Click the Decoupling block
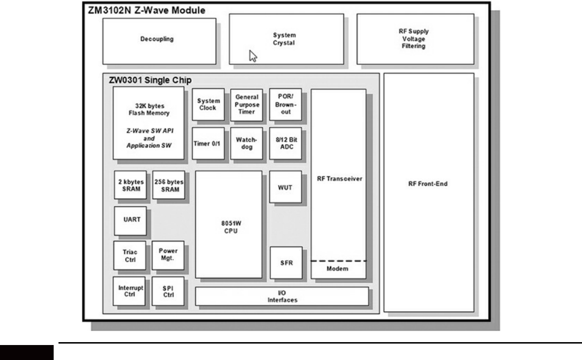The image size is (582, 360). (159, 40)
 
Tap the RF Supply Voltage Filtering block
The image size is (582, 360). (415, 39)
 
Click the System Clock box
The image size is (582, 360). (208, 104)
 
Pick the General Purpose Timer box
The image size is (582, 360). (246, 104)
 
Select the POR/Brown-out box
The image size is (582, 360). (285, 104)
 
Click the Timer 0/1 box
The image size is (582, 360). (208, 143)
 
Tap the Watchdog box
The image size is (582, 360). (246, 143)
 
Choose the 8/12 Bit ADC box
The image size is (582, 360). (285, 143)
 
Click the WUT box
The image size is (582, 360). (285, 186)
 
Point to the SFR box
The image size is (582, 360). (285, 262)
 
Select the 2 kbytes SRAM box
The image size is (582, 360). (130, 186)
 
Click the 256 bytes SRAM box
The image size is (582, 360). (168, 186)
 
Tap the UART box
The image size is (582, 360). (130, 219)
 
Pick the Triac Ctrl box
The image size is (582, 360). (129, 256)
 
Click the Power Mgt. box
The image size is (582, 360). (168, 255)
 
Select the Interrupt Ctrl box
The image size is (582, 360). (129, 291)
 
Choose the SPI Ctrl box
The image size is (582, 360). (168, 291)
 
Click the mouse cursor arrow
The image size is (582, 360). (252, 56)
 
